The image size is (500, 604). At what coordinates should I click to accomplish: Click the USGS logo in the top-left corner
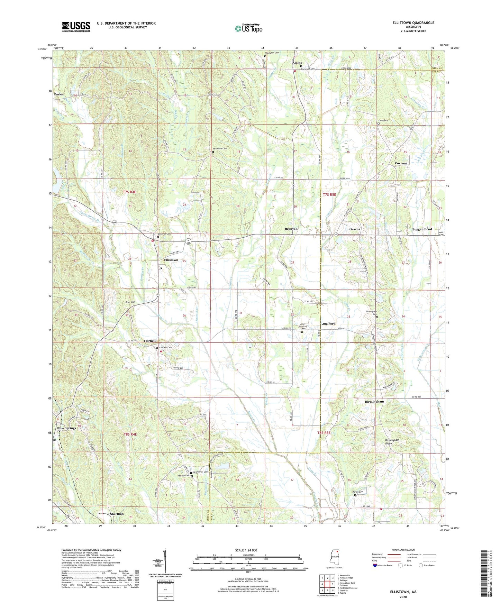[76, 27]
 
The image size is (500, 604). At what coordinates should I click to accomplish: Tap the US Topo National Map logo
[248, 28]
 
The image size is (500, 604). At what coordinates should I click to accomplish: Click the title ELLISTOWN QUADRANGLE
[413, 23]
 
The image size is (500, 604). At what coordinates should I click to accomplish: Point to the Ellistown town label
[171, 260]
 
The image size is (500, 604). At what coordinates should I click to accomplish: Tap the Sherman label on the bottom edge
[117, 514]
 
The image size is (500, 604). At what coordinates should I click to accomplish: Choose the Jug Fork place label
[329, 324]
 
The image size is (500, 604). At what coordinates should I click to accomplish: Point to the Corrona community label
[401, 163]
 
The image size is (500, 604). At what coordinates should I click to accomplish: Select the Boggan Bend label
[422, 229]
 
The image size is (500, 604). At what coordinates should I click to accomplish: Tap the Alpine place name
[297, 63]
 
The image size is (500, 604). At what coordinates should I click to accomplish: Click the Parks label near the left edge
[58, 94]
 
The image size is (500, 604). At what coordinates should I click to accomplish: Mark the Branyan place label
[291, 229]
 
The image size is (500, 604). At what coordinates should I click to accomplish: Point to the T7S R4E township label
[129, 192]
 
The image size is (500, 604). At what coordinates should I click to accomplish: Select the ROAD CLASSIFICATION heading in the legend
[403, 550]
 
